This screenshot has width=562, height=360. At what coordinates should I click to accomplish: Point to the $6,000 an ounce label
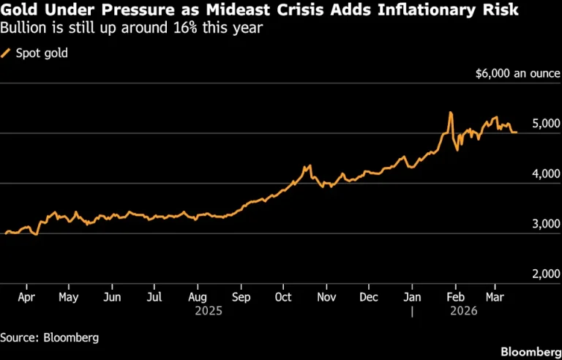(517, 73)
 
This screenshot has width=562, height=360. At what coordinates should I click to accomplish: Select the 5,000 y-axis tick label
(546, 124)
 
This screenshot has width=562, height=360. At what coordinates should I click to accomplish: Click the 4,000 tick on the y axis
(546, 174)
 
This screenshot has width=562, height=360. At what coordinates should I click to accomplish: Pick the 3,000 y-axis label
(546, 224)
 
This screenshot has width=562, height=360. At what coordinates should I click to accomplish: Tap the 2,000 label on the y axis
(546, 274)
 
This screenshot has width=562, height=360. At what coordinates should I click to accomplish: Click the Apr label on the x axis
(26, 298)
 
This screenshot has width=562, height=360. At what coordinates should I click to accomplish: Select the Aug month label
(198, 298)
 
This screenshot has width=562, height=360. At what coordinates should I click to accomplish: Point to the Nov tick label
(326, 297)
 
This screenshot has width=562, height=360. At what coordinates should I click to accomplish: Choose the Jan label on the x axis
(412, 297)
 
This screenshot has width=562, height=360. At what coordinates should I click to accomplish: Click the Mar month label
(495, 297)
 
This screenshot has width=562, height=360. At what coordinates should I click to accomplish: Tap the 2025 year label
(209, 311)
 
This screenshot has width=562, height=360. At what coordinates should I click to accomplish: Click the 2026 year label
(464, 311)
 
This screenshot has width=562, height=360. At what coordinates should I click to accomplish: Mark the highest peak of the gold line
(450, 112)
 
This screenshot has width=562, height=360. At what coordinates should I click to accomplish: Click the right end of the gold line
(517, 132)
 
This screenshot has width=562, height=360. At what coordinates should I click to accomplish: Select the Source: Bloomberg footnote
(50, 338)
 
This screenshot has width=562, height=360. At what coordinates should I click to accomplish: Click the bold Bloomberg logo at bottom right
(531, 351)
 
